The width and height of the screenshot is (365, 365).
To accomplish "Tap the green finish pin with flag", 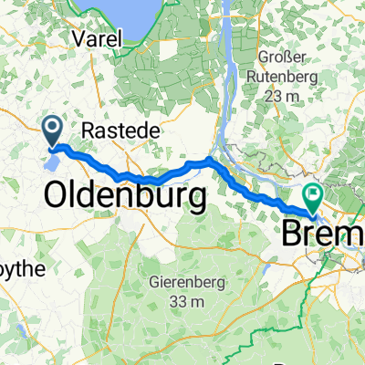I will point(313,193).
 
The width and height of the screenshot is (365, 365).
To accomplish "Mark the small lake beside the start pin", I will point(53,163).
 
